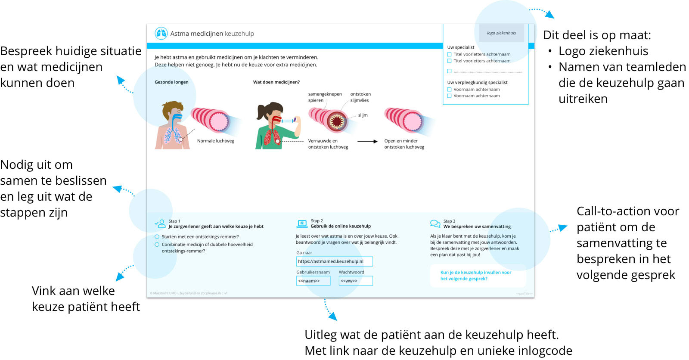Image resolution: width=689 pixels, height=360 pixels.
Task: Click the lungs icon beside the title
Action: pyautogui.click(x=161, y=33)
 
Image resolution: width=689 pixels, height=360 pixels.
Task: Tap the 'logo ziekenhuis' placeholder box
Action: pyautogui.click(x=501, y=33)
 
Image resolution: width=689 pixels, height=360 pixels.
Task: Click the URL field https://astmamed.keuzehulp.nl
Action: pyautogui.click(x=334, y=261)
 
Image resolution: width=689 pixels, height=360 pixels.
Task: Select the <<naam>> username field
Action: pyautogui.click(x=313, y=281)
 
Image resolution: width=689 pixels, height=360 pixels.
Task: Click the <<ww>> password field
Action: pyautogui.click(x=355, y=281)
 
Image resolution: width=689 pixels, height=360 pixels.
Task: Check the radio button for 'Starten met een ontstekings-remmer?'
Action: pyautogui.click(x=157, y=236)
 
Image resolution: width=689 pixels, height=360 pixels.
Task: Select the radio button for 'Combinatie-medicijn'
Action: pyautogui.click(x=157, y=245)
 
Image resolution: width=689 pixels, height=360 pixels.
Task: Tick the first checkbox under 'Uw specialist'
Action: pyautogui.click(x=450, y=55)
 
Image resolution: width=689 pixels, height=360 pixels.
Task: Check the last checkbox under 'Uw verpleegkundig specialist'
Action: pyautogui.click(x=450, y=96)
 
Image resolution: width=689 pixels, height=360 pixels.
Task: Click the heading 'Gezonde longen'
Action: pyautogui.click(x=171, y=82)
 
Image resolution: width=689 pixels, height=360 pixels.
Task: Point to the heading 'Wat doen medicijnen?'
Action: pyautogui.click(x=276, y=82)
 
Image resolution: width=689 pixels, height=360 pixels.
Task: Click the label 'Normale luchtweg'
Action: pyautogui.click(x=216, y=141)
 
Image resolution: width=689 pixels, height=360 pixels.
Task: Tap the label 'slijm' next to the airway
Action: pyautogui.click(x=363, y=115)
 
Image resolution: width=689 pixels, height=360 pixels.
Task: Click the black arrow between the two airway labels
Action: pyautogui.click(x=367, y=141)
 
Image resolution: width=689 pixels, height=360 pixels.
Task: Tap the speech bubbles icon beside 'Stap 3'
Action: pyautogui.click(x=435, y=223)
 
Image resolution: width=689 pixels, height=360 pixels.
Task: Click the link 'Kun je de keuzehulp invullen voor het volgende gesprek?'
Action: pyautogui.click(x=475, y=276)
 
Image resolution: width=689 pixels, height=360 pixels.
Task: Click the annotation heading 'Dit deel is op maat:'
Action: pyautogui.click(x=597, y=35)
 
